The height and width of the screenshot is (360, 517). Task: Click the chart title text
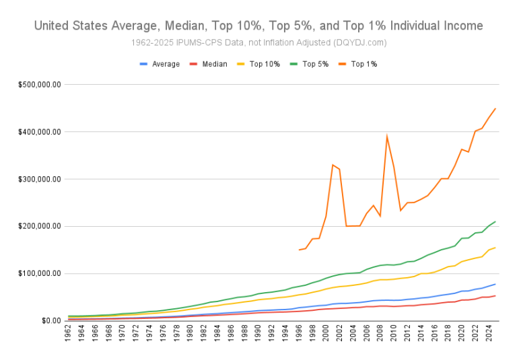pyautogui.click(x=258, y=26)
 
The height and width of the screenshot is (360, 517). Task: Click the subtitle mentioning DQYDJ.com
pyautogui.click(x=258, y=43)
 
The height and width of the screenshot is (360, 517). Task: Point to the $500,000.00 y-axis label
pyautogui.click(x=40, y=85)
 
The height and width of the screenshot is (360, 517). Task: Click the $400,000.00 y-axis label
pyautogui.click(x=40, y=132)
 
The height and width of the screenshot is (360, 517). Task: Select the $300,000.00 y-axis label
pyautogui.click(x=40, y=179)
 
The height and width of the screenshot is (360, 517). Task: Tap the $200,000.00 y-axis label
pyautogui.click(x=40, y=226)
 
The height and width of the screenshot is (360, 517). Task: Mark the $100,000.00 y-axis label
pyautogui.click(x=40, y=273)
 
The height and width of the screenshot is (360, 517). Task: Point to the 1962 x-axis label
pyautogui.click(x=69, y=336)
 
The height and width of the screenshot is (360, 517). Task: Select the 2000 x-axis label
pyautogui.click(x=326, y=336)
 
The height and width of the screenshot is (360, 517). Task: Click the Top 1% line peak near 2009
pyautogui.click(x=386, y=136)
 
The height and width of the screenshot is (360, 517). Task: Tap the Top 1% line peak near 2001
pyautogui.click(x=333, y=164)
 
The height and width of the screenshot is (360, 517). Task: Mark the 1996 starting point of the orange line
pyautogui.click(x=299, y=250)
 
